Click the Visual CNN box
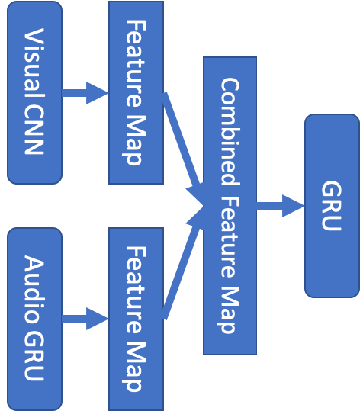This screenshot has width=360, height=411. pos(34,92)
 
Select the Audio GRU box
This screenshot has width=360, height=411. pos(34,318)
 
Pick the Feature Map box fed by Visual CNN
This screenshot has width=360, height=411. pos(136,92)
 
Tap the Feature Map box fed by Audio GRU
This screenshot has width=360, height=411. pos(136,318)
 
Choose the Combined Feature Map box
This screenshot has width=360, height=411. pos(230,205)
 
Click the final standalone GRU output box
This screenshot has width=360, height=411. pos(332,205)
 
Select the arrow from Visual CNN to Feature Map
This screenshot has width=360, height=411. pos(85,93)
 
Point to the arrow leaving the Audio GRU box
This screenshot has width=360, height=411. pos(85,318)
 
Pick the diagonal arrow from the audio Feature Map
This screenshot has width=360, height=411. pos(182,263)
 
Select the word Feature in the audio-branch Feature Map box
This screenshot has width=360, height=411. pos(136,285)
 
